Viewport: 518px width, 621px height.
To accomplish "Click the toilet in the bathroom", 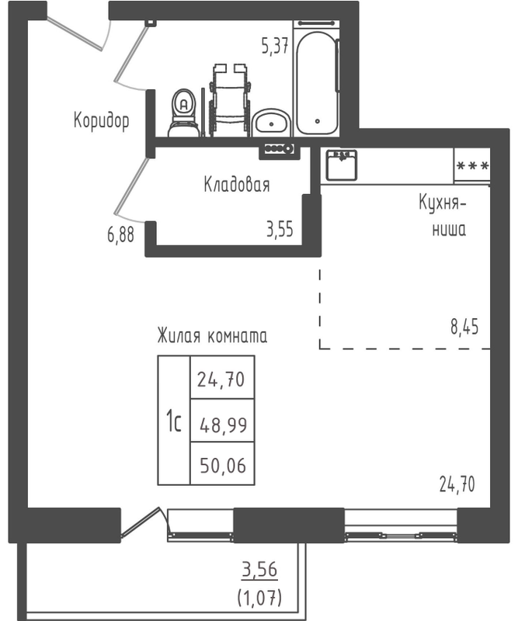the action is [183, 113].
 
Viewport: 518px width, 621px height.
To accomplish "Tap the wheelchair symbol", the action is [230, 100].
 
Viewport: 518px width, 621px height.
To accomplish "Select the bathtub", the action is [317, 83].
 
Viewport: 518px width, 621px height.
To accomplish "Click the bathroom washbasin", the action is [272, 123].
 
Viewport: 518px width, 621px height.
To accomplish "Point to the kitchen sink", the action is [341, 165].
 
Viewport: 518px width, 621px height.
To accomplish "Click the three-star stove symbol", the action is [472, 165].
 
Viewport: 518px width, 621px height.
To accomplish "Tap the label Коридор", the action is [102, 120].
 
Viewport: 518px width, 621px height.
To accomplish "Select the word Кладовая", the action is [237, 185].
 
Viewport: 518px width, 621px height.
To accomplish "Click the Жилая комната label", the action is [212, 336].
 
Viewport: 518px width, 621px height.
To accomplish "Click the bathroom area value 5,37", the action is [275, 47].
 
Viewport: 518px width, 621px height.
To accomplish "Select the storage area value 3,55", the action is [280, 229].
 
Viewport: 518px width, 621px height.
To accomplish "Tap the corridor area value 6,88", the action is [120, 234].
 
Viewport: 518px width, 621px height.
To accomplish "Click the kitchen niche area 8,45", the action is [464, 327].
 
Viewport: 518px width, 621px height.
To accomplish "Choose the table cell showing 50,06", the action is [222, 463].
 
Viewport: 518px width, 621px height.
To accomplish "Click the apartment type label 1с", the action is [174, 421].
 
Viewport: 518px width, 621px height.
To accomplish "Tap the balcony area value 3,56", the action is [259, 570].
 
